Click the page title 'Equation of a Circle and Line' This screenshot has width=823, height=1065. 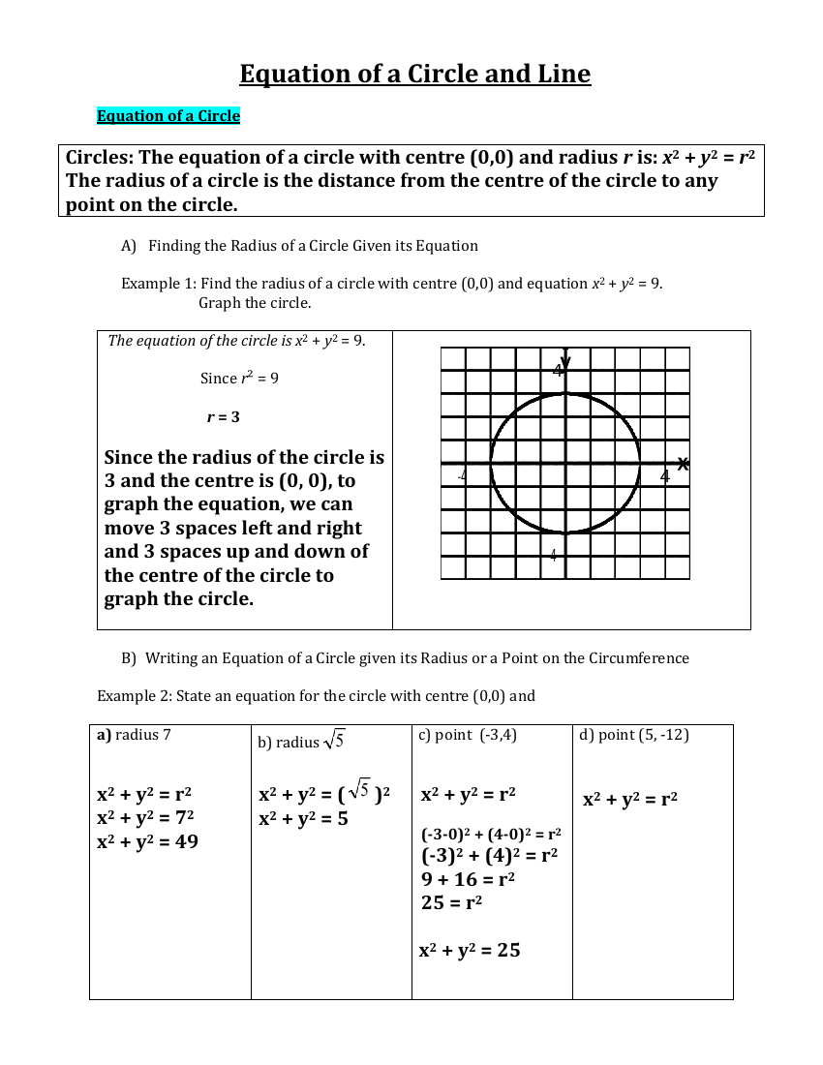click(414, 74)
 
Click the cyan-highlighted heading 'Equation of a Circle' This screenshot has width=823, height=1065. click(168, 116)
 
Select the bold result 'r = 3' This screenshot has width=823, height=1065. click(223, 417)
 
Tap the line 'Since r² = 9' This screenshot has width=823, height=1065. click(239, 379)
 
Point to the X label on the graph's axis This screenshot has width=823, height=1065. click(683, 465)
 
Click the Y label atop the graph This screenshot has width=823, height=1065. click(565, 361)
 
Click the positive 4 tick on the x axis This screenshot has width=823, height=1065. click(664, 475)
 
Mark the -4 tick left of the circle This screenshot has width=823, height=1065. click(462, 475)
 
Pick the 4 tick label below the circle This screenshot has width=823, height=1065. click(554, 555)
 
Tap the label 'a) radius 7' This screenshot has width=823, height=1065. click(135, 735)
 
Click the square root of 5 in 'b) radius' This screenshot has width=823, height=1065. click(334, 741)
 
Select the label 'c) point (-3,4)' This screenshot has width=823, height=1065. click(468, 735)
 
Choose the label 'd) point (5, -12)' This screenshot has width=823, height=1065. click(634, 735)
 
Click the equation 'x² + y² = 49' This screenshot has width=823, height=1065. click(147, 841)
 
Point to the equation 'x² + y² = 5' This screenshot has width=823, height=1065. click(303, 818)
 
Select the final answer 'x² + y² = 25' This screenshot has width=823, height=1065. click(470, 950)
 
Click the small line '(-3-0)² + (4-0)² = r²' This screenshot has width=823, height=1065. click(491, 834)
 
